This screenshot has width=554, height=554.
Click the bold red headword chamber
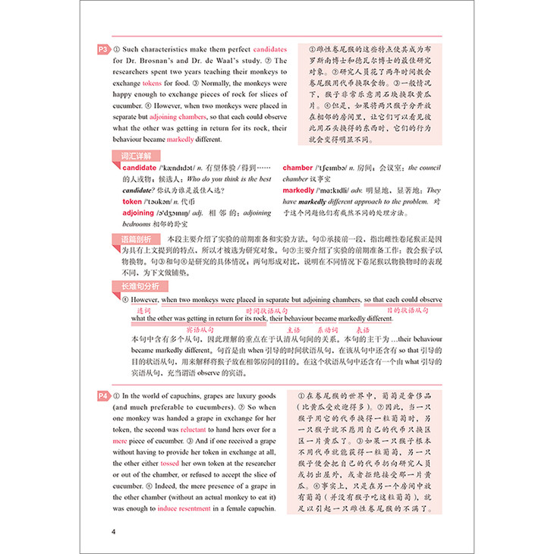coord(297,168)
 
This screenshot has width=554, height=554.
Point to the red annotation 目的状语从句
coord(408,311)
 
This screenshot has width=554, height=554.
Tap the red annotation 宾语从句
coord(200,330)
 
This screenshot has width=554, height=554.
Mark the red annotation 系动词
coord(328,330)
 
